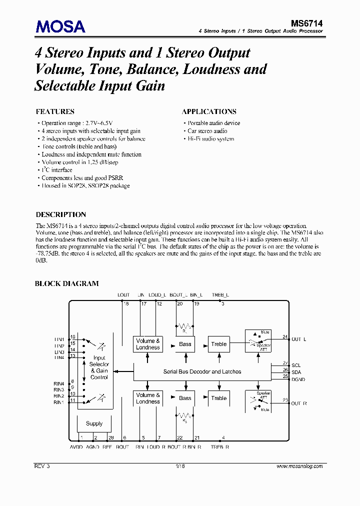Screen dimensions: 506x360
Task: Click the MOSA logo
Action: tap(60, 26)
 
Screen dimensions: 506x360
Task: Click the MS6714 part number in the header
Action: tap(307, 22)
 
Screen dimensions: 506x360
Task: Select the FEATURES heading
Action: tap(55, 111)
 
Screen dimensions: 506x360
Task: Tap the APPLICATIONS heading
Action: tap(209, 111)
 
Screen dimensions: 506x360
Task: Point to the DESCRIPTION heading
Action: tap(60, 214)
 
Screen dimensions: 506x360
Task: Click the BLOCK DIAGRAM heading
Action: tap(66, 283)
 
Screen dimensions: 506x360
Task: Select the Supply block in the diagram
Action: tap(94, 423)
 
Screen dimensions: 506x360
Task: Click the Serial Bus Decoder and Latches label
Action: tap(202, 371)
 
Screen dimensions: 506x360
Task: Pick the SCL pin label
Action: tap(296, 365)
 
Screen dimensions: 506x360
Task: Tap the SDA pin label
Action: tap(296, 372)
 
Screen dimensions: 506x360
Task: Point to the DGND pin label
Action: tap(298, 379)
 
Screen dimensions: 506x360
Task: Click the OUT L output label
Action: tap(299, 339)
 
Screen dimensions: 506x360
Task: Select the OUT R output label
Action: tap(299, 403)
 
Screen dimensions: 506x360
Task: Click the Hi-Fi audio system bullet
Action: tap(210, 139)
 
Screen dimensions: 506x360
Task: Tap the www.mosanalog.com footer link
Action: tap(299, 466)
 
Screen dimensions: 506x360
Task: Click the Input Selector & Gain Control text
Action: tap(99, 367)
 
